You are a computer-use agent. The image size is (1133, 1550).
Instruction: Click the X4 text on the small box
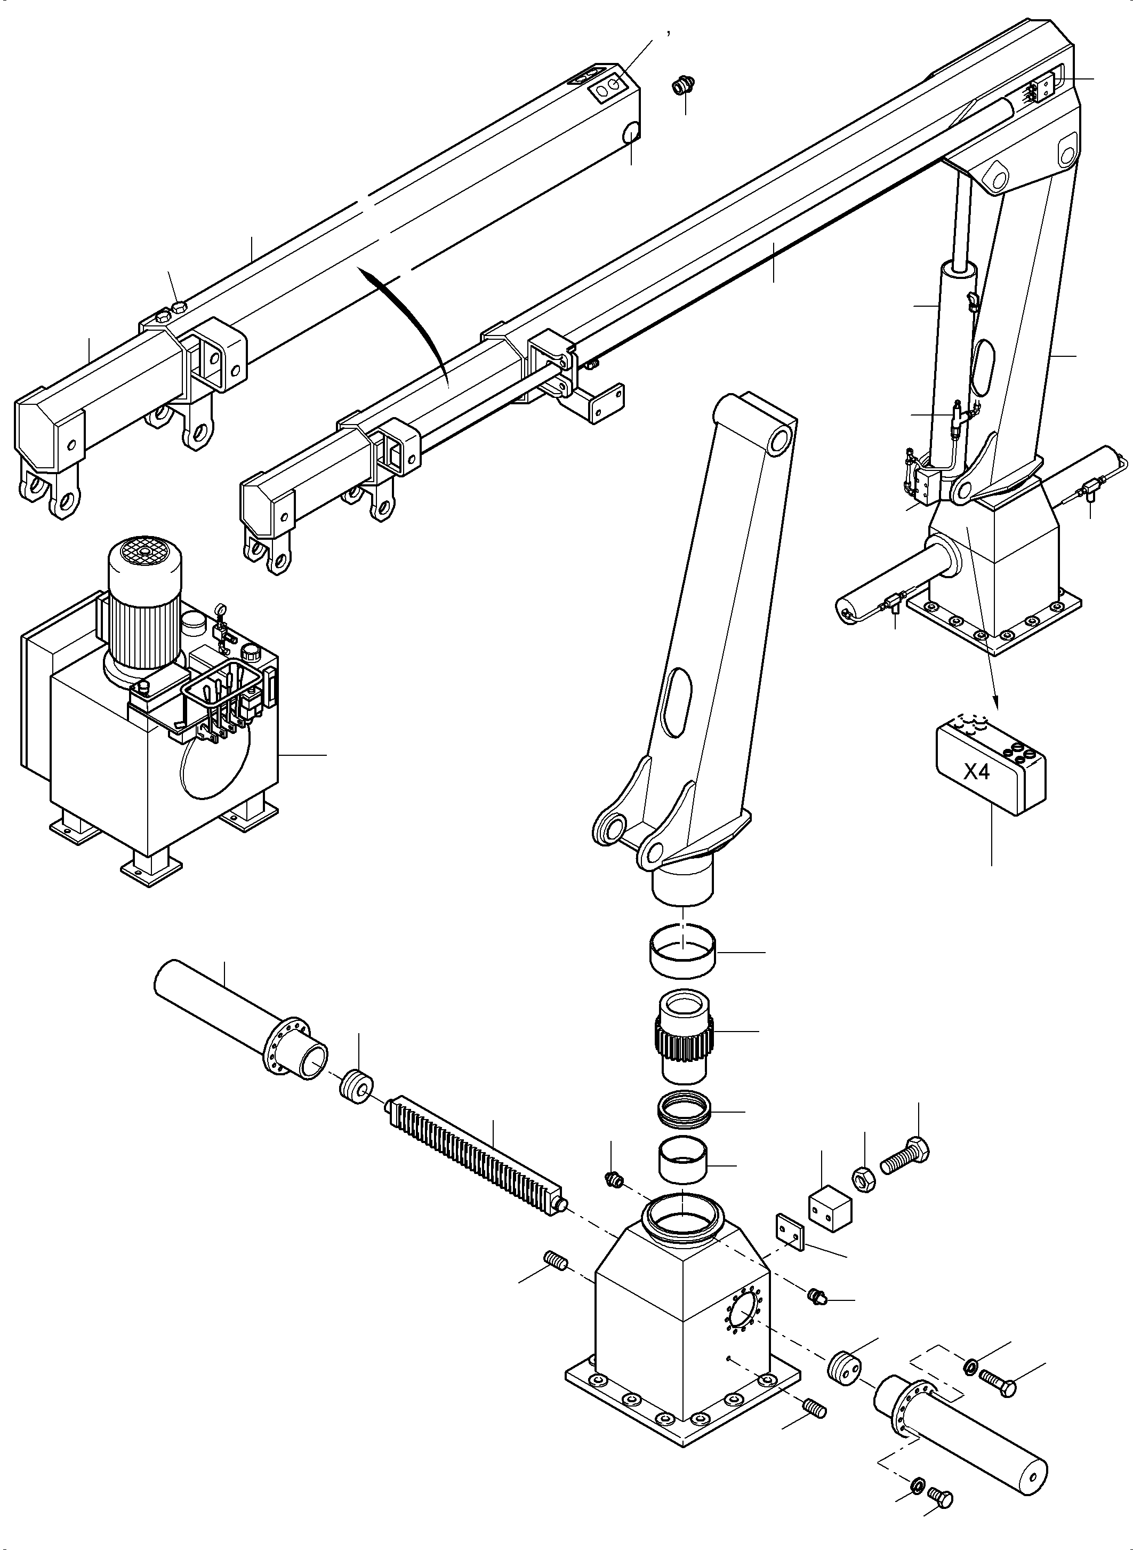click(977, 772)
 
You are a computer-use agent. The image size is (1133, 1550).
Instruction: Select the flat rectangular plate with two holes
click(790, 1232)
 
